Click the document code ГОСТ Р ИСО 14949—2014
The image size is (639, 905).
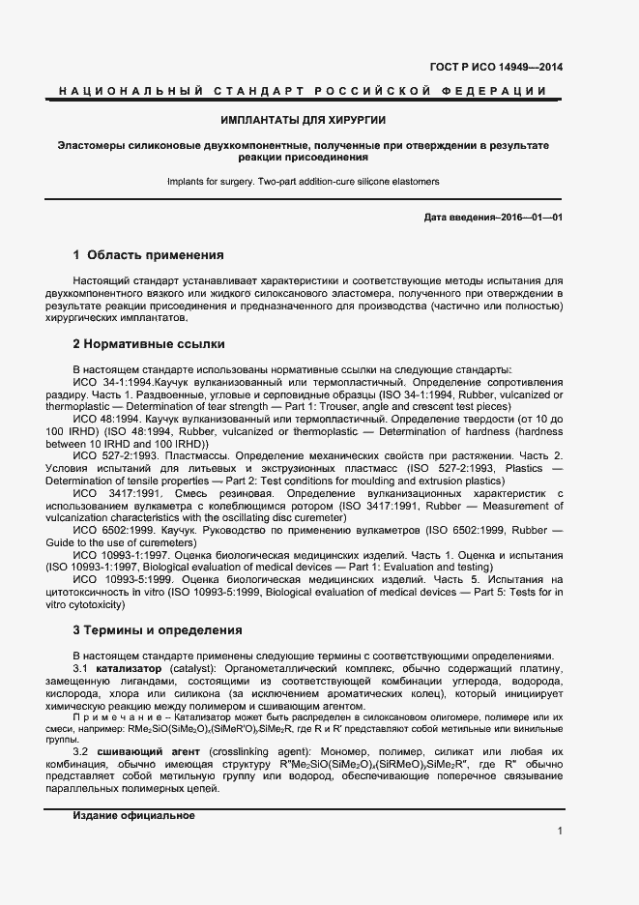(x=496, y=68)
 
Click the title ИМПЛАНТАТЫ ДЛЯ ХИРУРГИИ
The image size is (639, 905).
(x=304, y=120)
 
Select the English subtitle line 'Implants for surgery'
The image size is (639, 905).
(x=304, y=181)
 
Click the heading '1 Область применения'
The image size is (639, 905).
(x=149, y=255)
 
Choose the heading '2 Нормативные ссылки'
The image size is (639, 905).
(x=149, y=343)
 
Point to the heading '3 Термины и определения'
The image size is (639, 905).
(x=158, y=630)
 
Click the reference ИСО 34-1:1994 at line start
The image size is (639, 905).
(x=106, y=383)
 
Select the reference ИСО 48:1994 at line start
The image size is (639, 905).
(x=102, y=420)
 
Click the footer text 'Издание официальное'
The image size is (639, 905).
(x=133, y=815)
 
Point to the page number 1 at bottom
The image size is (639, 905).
(x=560, y=831)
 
